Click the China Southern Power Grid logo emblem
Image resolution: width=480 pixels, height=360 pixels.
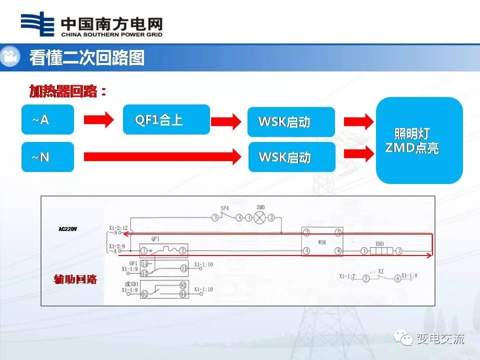click(37, 24)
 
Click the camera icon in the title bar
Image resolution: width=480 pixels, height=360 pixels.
click(9, 57)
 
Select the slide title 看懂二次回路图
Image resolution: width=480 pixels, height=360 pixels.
click(87, 58)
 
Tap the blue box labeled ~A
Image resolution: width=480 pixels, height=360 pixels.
click(47, 119)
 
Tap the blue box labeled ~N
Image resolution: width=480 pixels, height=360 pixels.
click(47, 157)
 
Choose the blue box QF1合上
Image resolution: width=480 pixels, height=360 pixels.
click(166, 119)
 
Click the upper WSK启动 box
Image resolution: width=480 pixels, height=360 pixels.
click(291, 122)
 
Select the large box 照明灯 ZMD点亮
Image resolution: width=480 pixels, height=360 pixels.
click(419, 140)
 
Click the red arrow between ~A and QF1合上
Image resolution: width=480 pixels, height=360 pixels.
click(98, 120)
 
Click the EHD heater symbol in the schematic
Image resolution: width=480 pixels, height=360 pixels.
click(380, 251)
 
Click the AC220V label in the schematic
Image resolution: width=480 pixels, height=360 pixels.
click(67, 229)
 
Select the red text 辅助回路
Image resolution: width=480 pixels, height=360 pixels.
click(75, 279)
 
